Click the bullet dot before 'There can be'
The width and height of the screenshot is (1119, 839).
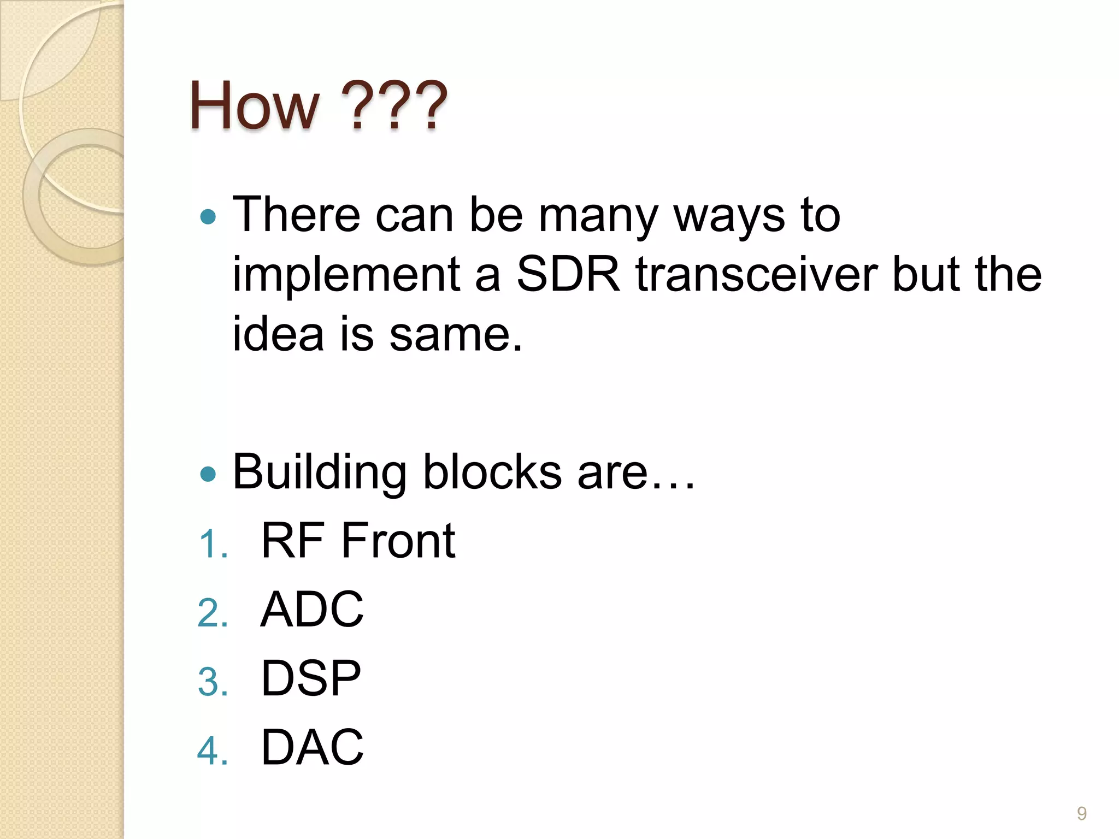(208, 217)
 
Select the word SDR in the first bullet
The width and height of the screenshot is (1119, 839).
(568, 274)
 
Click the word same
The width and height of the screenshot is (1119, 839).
(456, 334)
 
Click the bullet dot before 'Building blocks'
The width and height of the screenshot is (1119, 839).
(208, 474)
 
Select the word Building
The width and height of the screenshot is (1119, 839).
(320, 473)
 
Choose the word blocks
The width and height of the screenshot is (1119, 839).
(492, 472)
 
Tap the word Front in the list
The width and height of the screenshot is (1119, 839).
(398, 541)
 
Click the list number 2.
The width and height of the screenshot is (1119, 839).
(213, 613)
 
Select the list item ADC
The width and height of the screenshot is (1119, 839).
(312, 610)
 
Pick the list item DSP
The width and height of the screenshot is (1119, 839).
(311, 678)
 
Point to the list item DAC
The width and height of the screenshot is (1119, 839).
(312, 747)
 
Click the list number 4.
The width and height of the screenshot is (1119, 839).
(213, 751)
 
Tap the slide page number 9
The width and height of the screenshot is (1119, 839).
(1082, 813)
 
